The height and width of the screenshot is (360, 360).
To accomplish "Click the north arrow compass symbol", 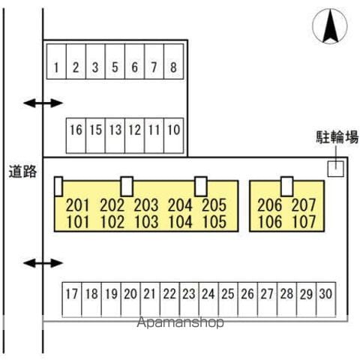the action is coord(330,26).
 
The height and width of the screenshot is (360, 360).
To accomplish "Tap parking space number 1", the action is coord(56,61).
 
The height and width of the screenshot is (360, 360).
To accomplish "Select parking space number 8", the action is coord(174,61).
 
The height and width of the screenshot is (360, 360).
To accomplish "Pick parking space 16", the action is coord(76,136).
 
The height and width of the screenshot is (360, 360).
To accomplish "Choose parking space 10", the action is coord(174,136).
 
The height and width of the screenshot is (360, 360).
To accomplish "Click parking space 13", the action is coord(115,136).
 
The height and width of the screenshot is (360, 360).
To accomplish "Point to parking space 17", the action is coord(72,300).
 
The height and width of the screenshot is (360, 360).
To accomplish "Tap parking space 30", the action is coord(326,300).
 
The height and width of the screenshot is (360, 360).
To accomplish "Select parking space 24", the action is coord(208,300).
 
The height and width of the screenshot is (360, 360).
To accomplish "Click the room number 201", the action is coord(77,205).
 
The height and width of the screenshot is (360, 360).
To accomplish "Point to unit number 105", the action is coord(214,222).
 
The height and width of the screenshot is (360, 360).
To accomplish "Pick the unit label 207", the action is coord(304,205).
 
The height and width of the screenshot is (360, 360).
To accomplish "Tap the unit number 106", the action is coord(270,222).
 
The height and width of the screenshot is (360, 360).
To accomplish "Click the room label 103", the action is coord(146,222).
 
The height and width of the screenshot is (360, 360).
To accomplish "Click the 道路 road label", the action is coord(22,172).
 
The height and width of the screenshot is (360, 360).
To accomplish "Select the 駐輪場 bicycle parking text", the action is coord(337,137).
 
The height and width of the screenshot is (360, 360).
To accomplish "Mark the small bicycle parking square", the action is coord(336,169).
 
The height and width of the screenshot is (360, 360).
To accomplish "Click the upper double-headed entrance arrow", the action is coord(43,103).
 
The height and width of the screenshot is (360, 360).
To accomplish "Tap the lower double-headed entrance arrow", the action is coord(43,263).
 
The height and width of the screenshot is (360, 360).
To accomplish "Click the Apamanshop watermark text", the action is coord(180,322).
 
